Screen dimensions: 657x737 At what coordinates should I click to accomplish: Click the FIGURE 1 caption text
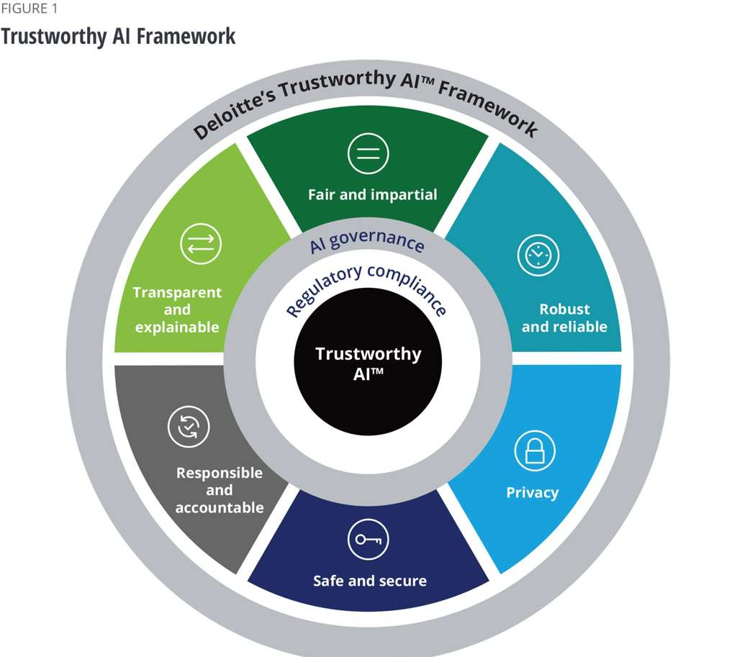[29, 9]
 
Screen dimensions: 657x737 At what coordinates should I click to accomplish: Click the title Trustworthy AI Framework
[118, 36]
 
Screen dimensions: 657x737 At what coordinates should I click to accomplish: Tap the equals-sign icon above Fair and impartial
[368, 153]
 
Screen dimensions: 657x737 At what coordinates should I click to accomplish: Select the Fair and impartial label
[372, 194]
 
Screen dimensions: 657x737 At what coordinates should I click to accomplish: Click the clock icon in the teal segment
[538, 255]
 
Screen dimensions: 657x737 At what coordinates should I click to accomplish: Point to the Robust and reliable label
[564, 317]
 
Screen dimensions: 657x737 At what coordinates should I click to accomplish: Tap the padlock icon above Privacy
[534, 450]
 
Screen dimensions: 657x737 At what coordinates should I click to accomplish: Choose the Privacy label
[532, 493]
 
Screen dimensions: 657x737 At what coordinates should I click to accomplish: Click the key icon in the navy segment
[368, 539]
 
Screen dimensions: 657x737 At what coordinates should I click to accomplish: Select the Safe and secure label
[370, 581]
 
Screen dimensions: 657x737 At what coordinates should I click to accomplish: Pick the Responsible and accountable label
[220, 490]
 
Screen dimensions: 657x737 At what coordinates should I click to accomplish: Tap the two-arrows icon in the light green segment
[200, 243]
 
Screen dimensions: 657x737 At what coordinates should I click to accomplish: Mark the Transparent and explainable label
[177, 309]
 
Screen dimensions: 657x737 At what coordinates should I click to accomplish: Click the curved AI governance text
[366, 240]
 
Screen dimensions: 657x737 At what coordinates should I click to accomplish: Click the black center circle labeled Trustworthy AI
[368, 362]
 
